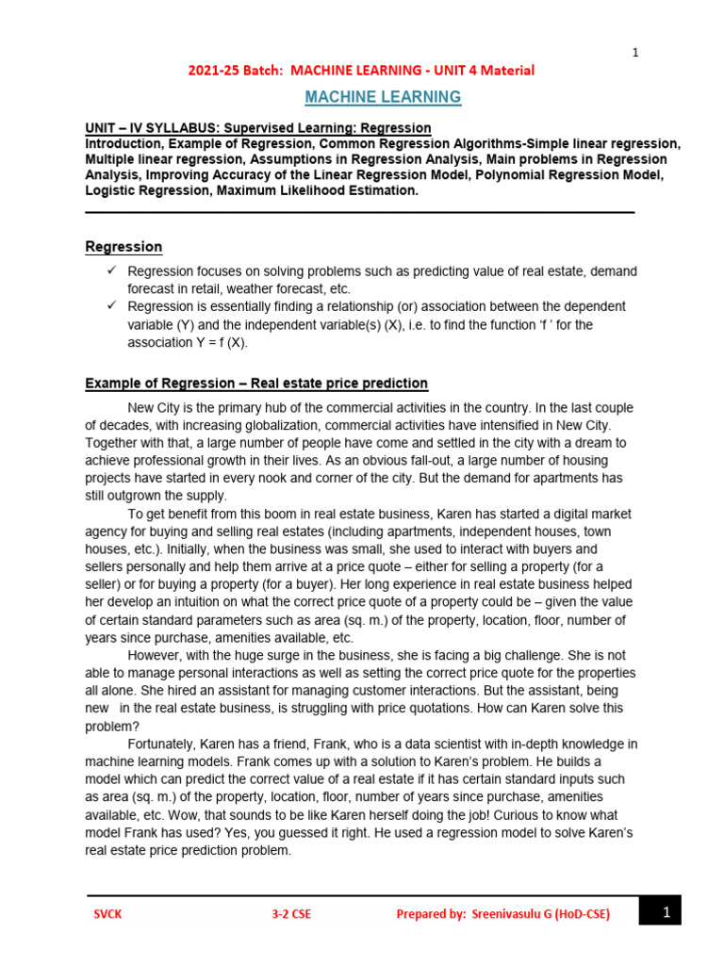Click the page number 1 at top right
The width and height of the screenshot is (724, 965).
coord(635,53)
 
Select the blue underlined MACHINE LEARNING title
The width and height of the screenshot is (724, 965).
coord(382,97)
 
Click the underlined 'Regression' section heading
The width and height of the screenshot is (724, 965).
coord(123,247)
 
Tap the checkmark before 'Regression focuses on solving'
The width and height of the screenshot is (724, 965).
coord(110,271)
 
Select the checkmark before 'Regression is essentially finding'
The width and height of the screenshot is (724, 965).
coord(110,306)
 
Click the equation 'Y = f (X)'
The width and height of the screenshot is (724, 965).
coord(215,342)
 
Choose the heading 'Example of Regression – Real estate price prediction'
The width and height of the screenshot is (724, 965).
coord(256,384)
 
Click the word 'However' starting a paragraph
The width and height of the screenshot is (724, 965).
coord(156,655)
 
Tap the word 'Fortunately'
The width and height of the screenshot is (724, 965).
coord(164,744)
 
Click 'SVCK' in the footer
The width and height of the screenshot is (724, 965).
coord(107,913)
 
